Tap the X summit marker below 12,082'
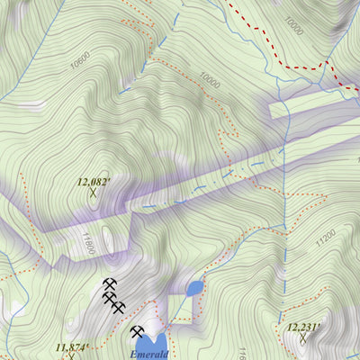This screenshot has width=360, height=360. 93,192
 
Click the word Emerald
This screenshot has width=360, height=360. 148,355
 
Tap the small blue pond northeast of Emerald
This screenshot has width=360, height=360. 194,289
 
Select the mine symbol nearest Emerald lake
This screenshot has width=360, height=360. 138,331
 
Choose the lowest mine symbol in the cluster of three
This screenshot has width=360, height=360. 120,307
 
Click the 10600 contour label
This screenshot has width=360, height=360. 79,61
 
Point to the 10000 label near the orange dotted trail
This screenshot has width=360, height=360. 211,78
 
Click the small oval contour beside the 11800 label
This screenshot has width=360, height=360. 108,237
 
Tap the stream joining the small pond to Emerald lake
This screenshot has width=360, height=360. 178,310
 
